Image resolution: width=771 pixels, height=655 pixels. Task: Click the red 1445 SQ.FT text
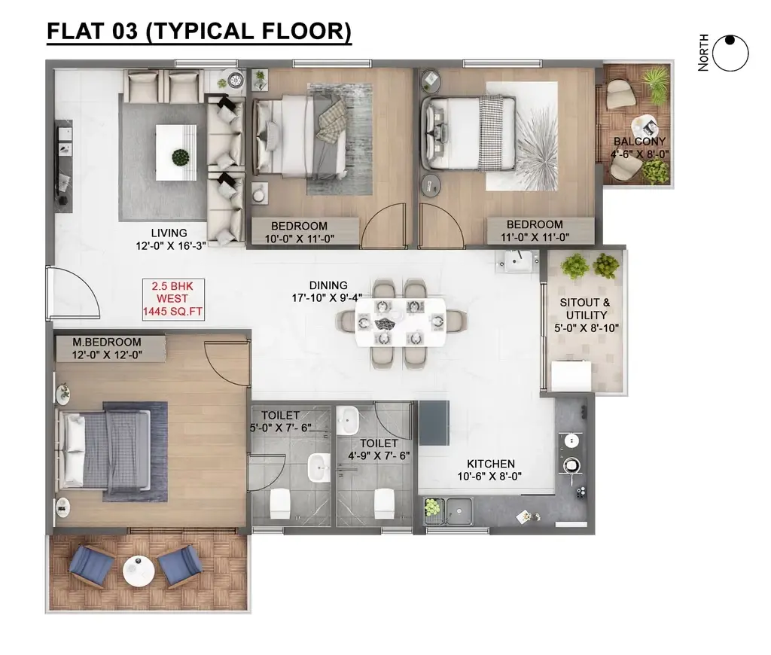click(x=172, y=311)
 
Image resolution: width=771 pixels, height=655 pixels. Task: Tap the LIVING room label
click(x=169, y=233)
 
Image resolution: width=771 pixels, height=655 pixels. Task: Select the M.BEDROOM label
click(x=107, y=343)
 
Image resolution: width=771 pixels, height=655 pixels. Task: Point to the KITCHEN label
click(x=491, y=464)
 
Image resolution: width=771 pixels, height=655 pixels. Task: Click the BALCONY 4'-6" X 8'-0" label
click(x=639, y=148)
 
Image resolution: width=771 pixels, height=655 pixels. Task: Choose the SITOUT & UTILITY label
click(x=585, y=309)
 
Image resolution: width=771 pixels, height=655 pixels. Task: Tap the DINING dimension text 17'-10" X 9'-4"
click(x=327, y=298)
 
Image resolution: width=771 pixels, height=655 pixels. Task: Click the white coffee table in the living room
click(x=176, y=152)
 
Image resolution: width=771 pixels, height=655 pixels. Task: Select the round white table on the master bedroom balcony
click(x=139, y=571)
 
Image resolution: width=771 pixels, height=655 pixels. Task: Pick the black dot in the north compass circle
click(x=730, y=40)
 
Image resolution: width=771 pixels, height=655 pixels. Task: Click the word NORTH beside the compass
click(x=703, y=53)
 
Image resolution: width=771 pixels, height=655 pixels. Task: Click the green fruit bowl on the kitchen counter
click(x=431, y=507)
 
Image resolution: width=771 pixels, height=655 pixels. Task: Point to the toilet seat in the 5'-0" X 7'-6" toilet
click(x=280, y=504)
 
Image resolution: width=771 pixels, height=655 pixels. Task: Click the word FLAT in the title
click(x=76, y=31)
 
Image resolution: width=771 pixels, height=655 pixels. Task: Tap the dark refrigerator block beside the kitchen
click(x=434, y=423)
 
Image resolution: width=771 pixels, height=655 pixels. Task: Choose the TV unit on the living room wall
click(x=64, y=166)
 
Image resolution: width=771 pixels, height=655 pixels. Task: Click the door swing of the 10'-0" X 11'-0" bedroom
click(x=383, y=226)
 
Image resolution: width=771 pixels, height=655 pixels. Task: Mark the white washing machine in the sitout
click(x=571, y=376)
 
